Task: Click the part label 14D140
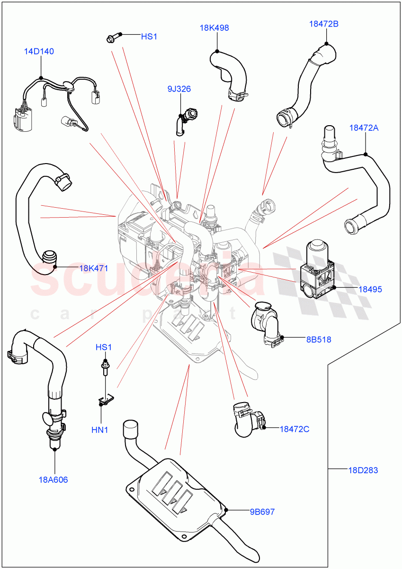click(39, 51)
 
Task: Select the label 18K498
click(214, 28)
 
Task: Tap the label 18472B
click(324, 24)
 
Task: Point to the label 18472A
click(364, 128)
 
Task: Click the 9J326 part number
click(179, 89)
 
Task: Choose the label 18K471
click(93, 268)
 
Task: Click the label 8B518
click(319, 340)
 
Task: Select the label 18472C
click(294, 429)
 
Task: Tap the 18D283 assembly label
click(363, 470)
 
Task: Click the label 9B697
click(262, 512)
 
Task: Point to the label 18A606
click(53, 480)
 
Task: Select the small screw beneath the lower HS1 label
click(103, 368)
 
